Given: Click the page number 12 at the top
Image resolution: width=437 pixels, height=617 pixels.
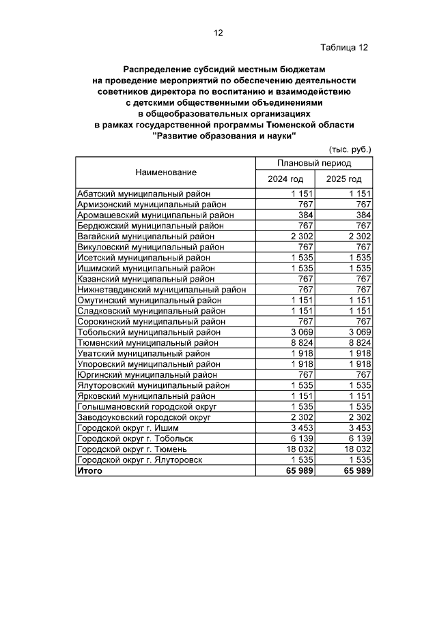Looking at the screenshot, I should pyautogui.click(x=218, y=33).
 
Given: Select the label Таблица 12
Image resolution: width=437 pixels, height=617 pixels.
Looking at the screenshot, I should pyautogui.click(x=344, y=47).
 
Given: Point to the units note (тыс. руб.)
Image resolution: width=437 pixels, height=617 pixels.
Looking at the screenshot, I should pyautogui.click(x=350, y=149).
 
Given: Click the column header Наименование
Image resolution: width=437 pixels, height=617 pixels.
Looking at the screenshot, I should pyautogui.click(x=165, y=172).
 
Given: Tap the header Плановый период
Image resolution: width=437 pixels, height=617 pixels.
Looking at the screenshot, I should pyautogui.click(x=313, y=164).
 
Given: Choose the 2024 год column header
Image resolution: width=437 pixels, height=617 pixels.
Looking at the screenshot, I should pyautogui.click(x=285, y=179).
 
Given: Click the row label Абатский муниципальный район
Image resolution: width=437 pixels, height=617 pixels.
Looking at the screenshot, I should pyautogui.click(x=143, y=194).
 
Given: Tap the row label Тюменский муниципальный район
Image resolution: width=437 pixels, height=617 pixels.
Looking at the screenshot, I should pyautogui.click(x=148, y=343).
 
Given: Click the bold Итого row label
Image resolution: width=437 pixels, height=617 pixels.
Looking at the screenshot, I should pyautogui.click(x=89, y=470).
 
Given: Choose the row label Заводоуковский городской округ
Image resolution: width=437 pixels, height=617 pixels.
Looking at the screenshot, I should pyautogui.click(x=145, y=417).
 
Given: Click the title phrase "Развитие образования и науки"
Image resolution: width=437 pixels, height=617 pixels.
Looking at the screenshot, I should pyautogui.click(x=225, y=136).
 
